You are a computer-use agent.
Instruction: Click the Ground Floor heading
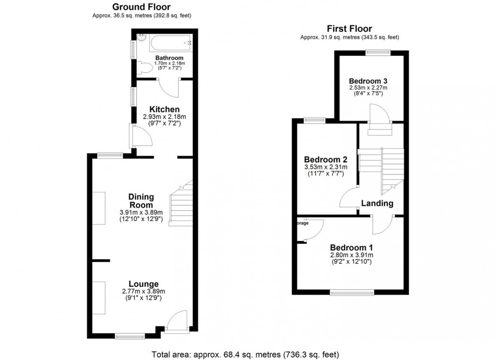point(141,7)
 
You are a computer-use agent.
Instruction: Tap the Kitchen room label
point(164,109)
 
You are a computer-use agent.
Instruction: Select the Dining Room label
point(141,201)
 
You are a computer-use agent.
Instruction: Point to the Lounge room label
point(143,284)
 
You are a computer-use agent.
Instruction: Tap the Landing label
point(377,203)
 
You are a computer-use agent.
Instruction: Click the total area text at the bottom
point(245,354)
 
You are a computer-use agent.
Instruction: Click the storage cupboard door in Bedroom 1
point(314,229)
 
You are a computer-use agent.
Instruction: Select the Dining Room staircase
point(181,205)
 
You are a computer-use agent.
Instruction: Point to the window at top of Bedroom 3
point(379,51)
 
